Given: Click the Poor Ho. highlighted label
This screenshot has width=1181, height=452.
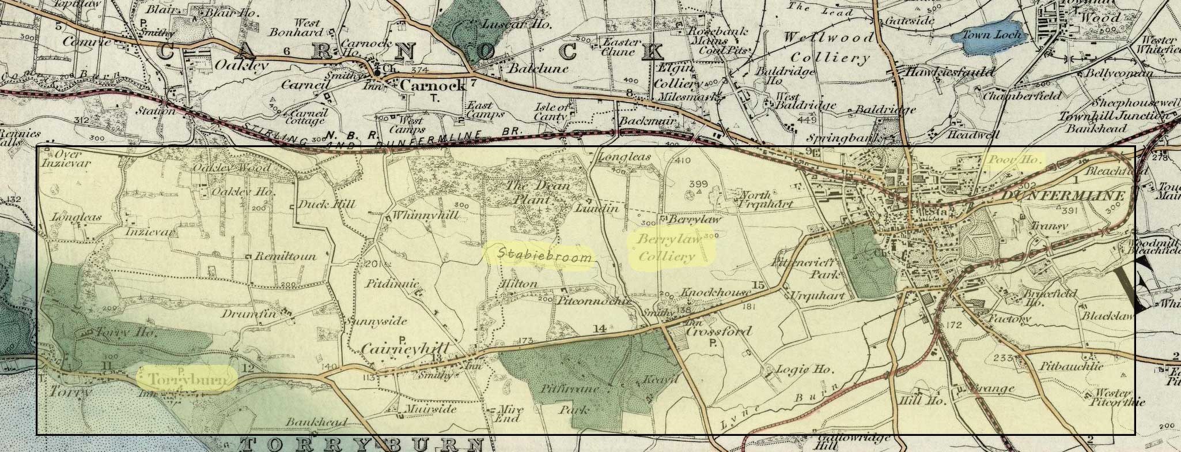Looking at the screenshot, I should [x=1015, y=160].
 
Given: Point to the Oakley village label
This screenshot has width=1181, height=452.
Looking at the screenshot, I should [x=241, y=65].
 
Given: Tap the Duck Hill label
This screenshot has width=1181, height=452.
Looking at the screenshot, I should [x=326, y=204].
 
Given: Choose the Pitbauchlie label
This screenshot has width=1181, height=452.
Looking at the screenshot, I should [x=1071, y=367].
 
